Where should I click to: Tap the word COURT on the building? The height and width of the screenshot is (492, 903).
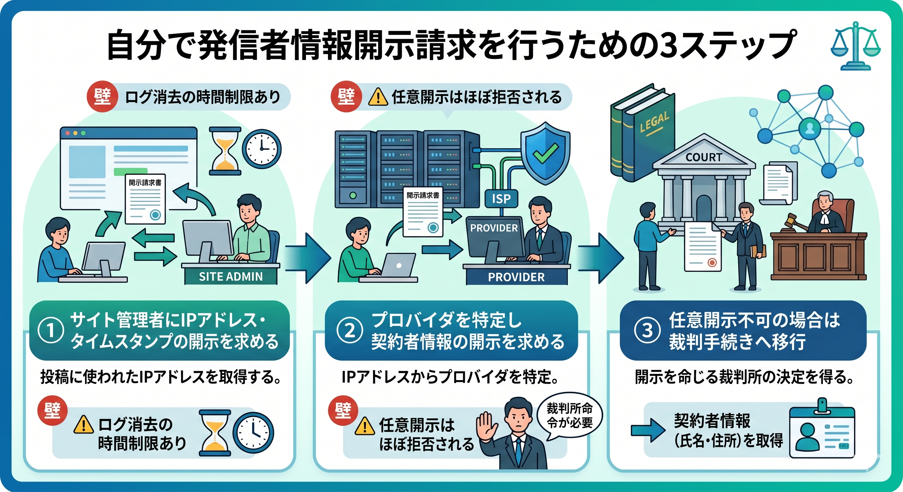[704, 157]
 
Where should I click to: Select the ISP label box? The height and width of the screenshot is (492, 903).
[501, 199]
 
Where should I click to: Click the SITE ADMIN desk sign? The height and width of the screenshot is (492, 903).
[231, 277]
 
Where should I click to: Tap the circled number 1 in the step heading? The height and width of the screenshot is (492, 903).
[51, 330]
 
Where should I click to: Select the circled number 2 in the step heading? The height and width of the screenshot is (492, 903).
[349, 330]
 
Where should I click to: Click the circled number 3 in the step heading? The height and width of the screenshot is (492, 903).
[647, 330]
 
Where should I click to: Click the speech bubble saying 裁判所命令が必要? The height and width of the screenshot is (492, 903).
[569, 416]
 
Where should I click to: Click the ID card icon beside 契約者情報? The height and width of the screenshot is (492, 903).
[822, 433]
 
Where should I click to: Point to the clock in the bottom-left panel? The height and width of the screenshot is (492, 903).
[253, 433]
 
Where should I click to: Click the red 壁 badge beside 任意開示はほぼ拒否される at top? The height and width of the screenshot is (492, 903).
[346, 97]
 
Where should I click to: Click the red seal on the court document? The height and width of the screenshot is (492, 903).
[712, 262]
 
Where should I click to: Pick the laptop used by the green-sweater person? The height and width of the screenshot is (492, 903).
[398, 266]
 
